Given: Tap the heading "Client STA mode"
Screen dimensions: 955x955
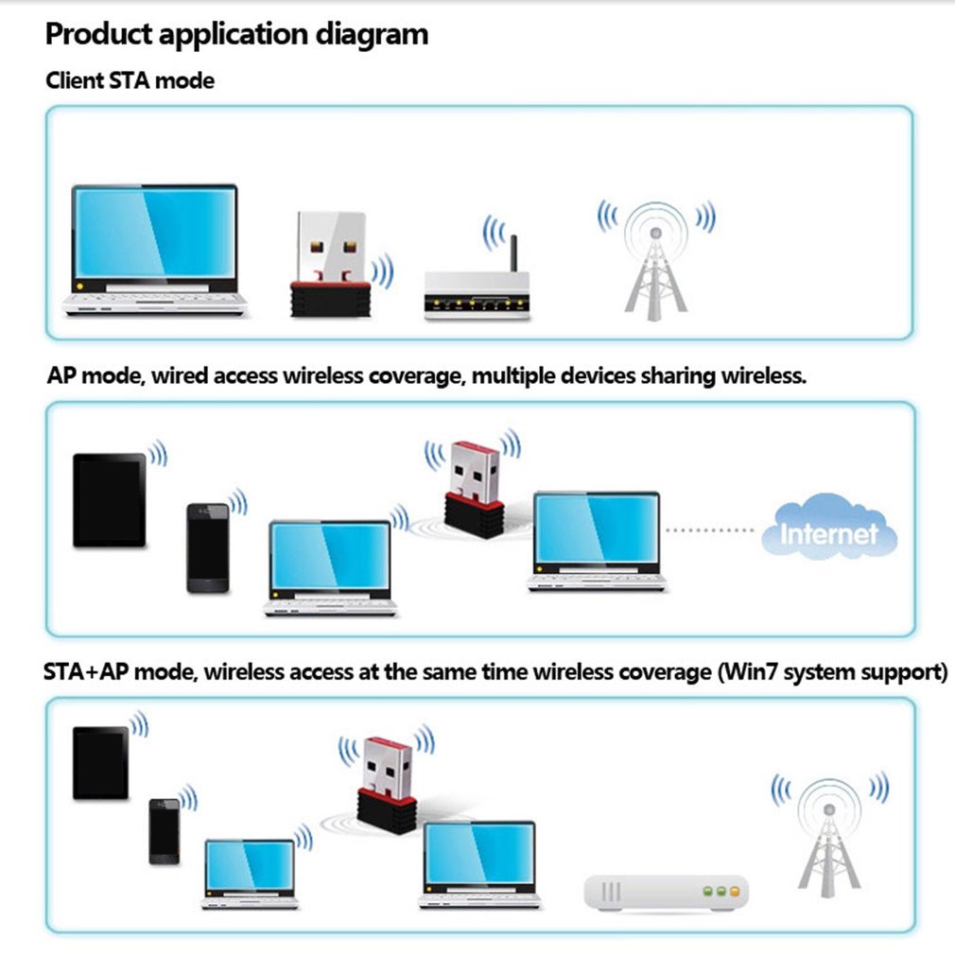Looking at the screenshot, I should tap(130, 80).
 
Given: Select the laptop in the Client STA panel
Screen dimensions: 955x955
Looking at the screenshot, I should tap(155, 249).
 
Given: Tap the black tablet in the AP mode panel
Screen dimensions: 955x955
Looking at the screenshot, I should tap(110, 499).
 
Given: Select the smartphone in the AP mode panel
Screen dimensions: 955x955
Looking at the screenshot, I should tap(207, 547).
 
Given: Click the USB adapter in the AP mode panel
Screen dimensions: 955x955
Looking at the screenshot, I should tap(474, 488).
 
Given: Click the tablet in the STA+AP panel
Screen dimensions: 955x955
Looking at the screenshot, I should tap(100, 762).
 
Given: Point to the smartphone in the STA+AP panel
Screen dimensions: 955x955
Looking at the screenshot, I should tap(164, 830).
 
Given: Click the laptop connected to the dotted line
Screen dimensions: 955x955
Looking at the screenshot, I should tap(596, 540).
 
